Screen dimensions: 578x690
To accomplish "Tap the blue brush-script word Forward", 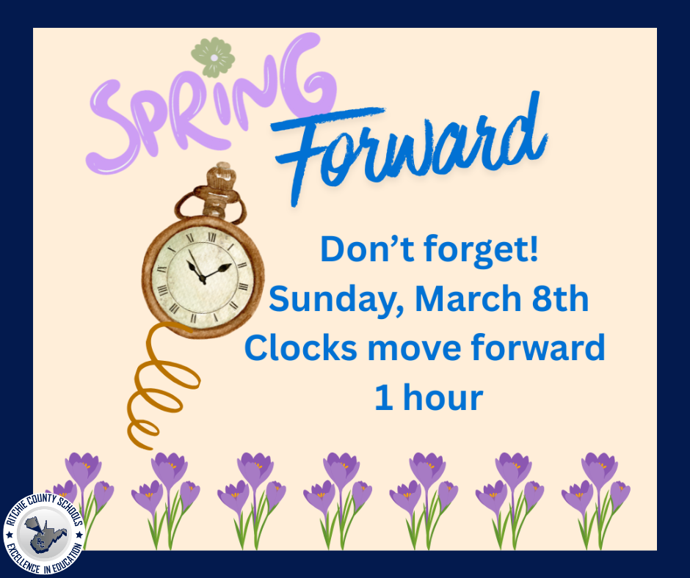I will pos(411,147).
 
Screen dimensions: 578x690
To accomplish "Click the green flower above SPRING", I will pos(213,59).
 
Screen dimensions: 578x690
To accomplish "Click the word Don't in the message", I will pos(363,251).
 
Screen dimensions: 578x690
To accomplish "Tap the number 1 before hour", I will pos(383,397).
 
